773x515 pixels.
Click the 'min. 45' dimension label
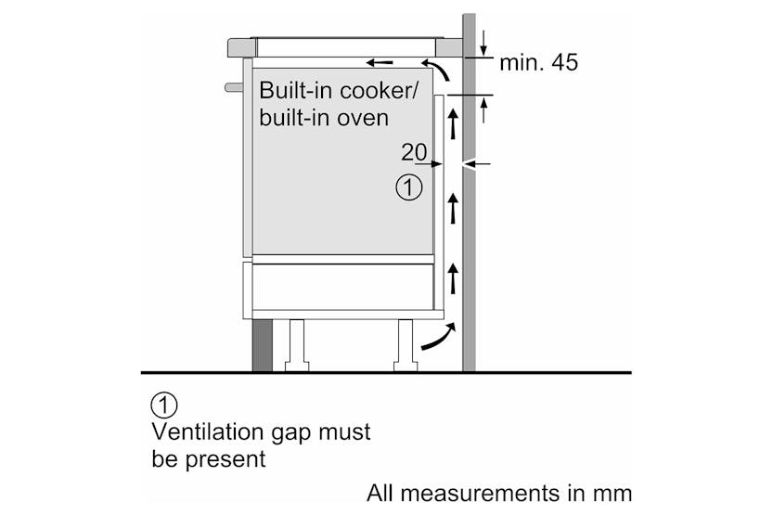[x=538, y=63]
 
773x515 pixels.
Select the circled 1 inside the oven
[x=408, y=187]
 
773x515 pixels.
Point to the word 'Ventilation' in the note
[x=205, y=431]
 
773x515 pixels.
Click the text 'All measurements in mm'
[x=498, y=492]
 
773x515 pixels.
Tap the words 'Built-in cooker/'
[x=340, y=91]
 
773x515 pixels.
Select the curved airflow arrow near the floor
[x=438, y=338]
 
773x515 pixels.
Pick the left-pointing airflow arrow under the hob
[x=379, y=63]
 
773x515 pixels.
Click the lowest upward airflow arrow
[x=454, y=277]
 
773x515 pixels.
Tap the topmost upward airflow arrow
[x=454, y=122]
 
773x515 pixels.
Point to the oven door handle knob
[x=233, y=88]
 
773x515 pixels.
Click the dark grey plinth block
[x=263, y=345]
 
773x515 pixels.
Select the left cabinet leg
[x=297, y=345]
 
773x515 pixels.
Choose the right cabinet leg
[x=406, y=345]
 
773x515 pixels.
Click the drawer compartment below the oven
[x=341, y=286]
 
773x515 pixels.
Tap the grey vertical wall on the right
[x=469, y=232]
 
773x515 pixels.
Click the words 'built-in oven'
[x=324, y=119]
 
